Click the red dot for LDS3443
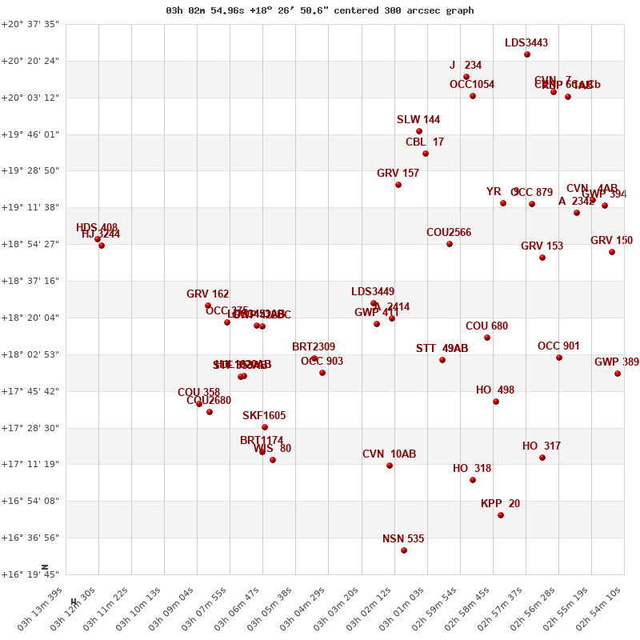(x=527, y=54)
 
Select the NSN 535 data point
(x=404, y=550)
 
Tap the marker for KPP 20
(x=501, y=515)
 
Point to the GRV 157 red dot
(x=398, y=185)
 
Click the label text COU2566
(x=449, y=233)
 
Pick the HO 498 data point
(x=496, y=402)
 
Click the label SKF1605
(x=264, y=416)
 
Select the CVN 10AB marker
(x=390, y=466)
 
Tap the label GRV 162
(x=208, y=294)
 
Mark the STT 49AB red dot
(x=442, y=360)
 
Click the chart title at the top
(x=320, y=10)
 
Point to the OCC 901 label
(x=558, y=346)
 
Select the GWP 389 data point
(x=618, y=374)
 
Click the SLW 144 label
(x=418, y=120)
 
